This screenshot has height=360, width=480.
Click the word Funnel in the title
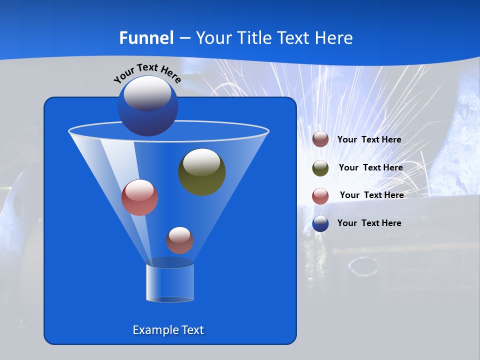pos(146,38)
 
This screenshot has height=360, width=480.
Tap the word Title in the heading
pos(254,38)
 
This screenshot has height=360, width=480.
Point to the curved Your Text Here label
pos(147,73)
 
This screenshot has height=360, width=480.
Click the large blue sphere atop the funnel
pos(148,105)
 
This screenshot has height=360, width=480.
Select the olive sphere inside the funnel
pos(202,172)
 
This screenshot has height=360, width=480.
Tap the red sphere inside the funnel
pos(140,197)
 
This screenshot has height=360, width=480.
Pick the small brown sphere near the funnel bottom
pos(179,240)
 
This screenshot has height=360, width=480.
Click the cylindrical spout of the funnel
pos(170,282)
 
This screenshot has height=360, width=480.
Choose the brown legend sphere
pos(320,139)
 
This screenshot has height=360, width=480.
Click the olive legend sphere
pos(320,168)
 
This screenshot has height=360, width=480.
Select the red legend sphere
pos(320,196)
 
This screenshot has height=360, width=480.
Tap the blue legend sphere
pos(320,223)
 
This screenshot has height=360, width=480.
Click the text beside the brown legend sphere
pos(369,139)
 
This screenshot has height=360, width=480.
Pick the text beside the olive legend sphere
pos(370,167)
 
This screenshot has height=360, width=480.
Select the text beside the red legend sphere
pos(371,195)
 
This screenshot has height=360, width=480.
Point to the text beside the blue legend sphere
pos(369,223)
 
